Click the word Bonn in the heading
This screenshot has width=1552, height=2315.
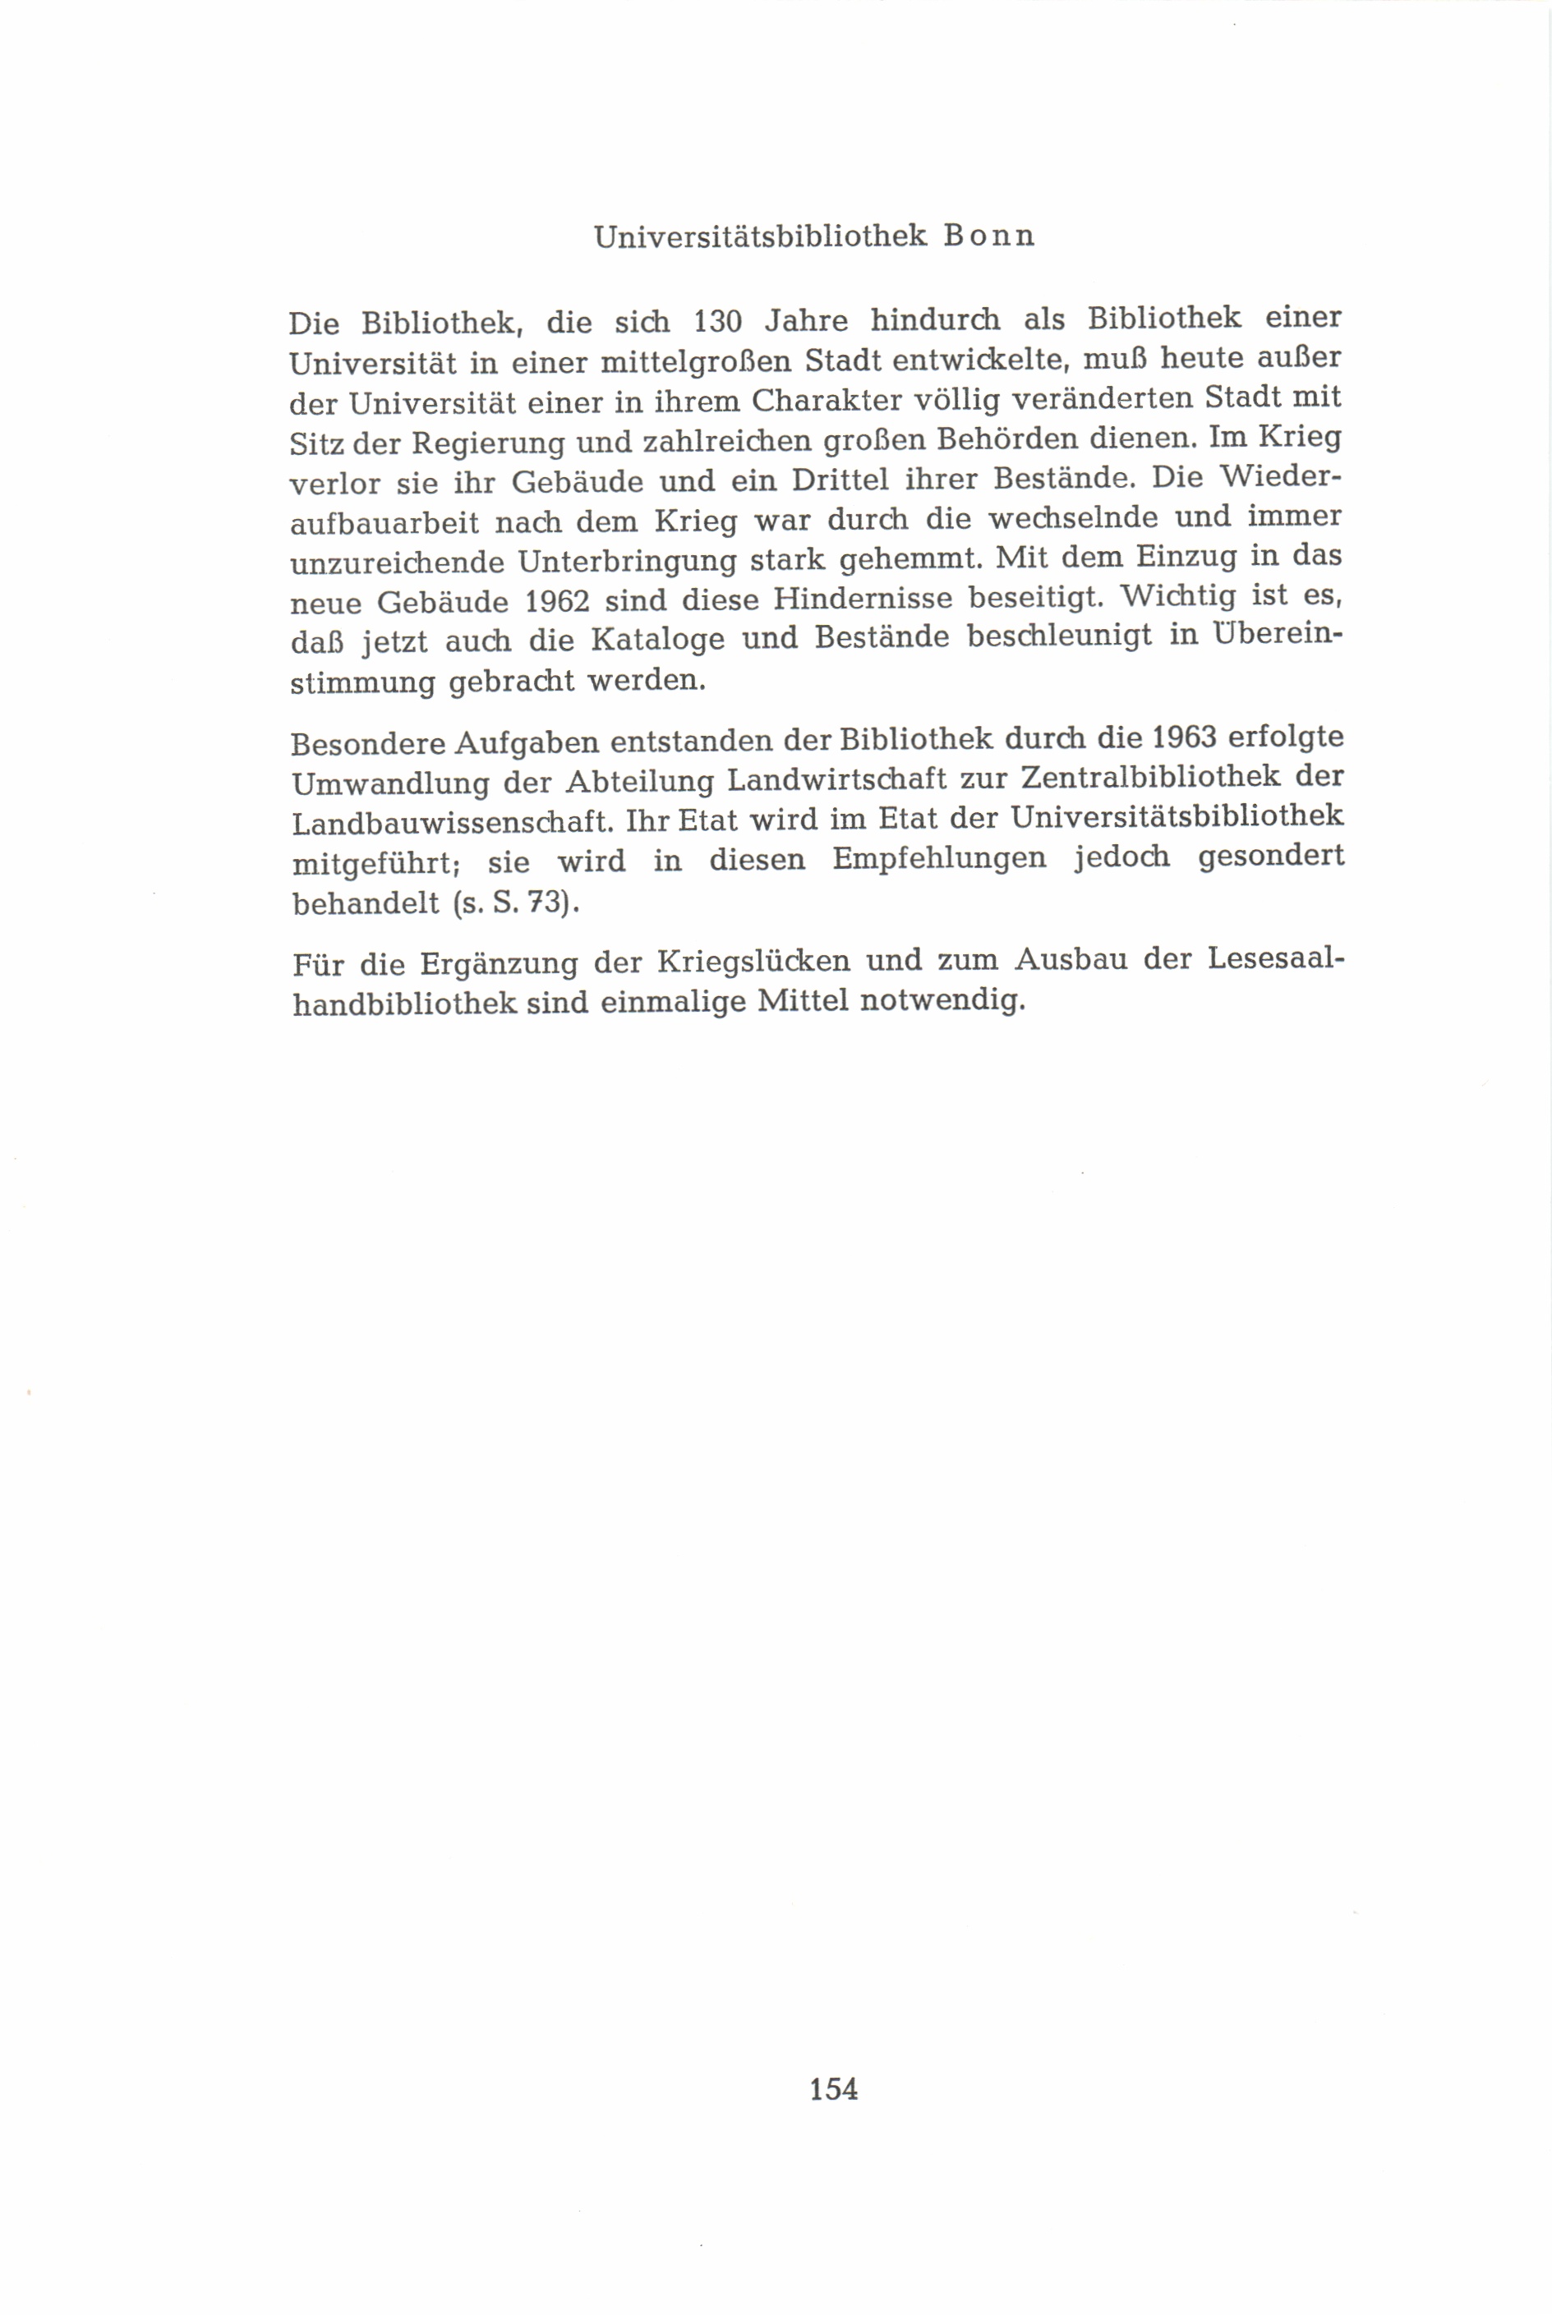(989, 237)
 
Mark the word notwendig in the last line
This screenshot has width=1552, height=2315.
(940, 1001)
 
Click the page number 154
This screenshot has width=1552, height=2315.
(833, 2088)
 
